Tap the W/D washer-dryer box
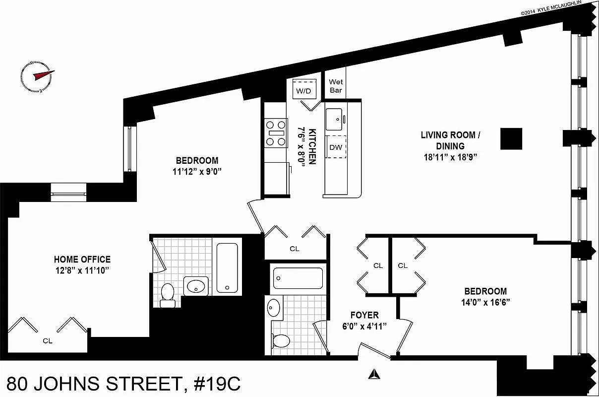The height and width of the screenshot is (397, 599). [x=304, y=89]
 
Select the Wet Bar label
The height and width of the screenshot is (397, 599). [x=336, y=86]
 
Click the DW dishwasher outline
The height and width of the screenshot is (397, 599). [x=336, y=146]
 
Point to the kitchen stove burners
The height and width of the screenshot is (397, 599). [x=276, y=133]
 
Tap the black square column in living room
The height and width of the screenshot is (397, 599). [x=511, y=138]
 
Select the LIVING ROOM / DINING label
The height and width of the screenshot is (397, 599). [x=450, y=140]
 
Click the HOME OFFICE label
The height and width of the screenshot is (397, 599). [x=82, y=260]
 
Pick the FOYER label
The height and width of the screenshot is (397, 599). [x=364, y=315]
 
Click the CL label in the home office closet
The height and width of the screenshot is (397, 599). [x=48, y=341]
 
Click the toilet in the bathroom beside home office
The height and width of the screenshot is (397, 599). [x=168, y=294]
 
